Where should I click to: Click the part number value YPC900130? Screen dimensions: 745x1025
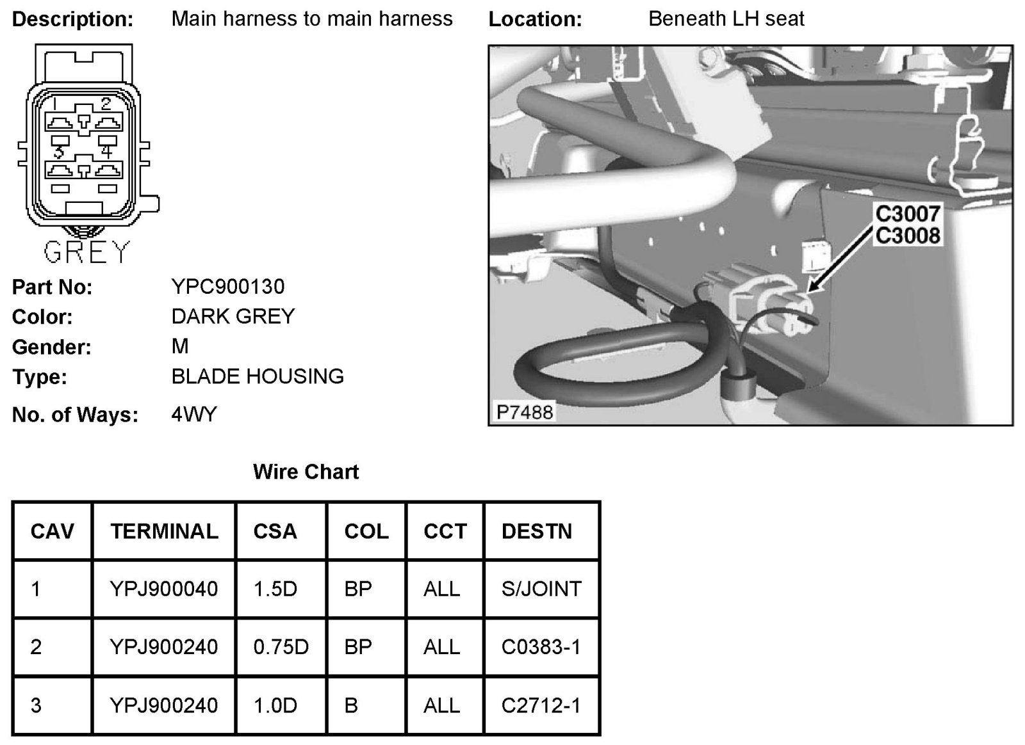[x=227, y=286]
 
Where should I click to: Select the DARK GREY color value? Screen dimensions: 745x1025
[x=233, y=316]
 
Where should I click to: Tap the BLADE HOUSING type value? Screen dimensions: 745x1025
[x=258, y=376]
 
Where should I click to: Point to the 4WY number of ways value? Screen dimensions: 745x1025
[x=194, y=415]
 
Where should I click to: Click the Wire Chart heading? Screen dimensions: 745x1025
[x=306, y=472]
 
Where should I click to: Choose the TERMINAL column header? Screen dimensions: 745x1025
[x=164, y=531]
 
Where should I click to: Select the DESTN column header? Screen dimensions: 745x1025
[x=536, y=531]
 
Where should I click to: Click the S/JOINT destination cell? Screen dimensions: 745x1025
[x=541, y=589]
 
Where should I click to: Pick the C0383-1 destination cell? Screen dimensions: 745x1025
[x=541, y=647]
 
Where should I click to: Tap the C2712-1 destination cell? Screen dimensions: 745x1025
[x=541, y=705]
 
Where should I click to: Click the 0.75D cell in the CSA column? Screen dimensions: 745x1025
[x=281, y=647]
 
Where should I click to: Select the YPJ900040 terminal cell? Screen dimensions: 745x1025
[x=164, y=589]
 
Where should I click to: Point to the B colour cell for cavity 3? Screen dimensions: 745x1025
[x=351, y=705]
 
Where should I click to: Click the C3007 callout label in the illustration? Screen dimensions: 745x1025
[x=907, y=214]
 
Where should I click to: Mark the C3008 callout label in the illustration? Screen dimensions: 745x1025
[x=907, y=236]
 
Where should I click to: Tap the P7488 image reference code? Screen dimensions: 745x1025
[x=524, y=412]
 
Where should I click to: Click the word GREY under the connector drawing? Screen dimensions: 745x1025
[x=87, y=252]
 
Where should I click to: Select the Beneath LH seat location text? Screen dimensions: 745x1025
[x=726, y=19]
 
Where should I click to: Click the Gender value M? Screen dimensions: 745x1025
[x=180, y=346]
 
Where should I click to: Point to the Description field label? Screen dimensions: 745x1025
[x=72, y=20]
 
